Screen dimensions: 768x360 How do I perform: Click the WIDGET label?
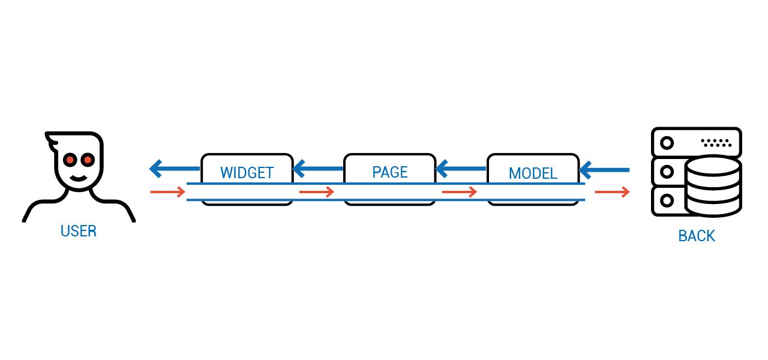coord(247,173)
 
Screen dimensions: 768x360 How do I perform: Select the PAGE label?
coord(390,172)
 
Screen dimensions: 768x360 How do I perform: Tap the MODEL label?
coord(533,173)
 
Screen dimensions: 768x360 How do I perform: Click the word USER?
coord(79,231)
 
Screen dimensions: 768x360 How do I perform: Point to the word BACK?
coord(697,236)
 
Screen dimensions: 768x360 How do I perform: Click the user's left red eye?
coord(70,160)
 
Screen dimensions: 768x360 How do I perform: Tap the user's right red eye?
coord(88,160)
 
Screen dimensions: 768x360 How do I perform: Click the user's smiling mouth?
coord(79,178)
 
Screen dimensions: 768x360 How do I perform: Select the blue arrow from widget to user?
coord(175,169)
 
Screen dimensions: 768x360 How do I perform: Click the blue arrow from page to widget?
coord(318,169)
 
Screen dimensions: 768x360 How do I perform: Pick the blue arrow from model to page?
coord(461,169)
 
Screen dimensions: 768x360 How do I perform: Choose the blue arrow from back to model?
coord(604,170)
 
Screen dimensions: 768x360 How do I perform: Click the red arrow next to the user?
coord(167,192)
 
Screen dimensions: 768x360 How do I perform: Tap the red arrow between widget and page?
coord(317,192)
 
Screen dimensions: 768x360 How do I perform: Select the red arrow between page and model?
coord(460,192)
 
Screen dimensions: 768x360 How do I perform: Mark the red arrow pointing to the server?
coord(613,192)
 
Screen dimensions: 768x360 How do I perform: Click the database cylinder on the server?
coord(713,186)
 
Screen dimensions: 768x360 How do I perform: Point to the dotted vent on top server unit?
coord(716,143)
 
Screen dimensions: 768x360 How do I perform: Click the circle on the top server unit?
coord(667,143)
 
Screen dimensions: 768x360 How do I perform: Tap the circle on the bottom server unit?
coord(667,200)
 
